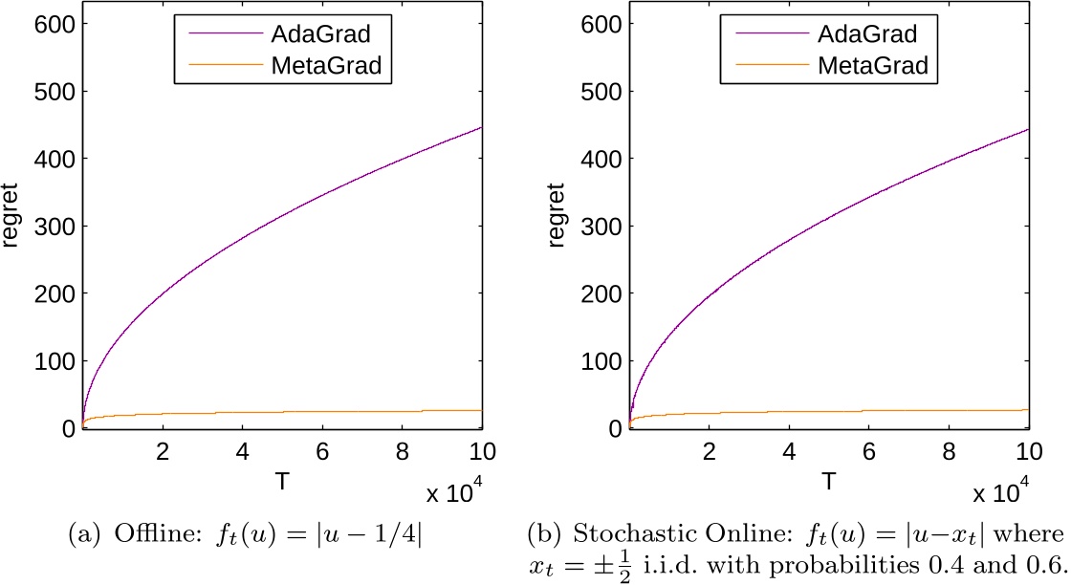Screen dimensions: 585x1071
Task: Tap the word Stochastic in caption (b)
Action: coord(622,531)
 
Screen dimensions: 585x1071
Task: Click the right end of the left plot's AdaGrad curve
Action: coord(481,127)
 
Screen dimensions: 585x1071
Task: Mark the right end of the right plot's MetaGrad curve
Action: coord(1028,410)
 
